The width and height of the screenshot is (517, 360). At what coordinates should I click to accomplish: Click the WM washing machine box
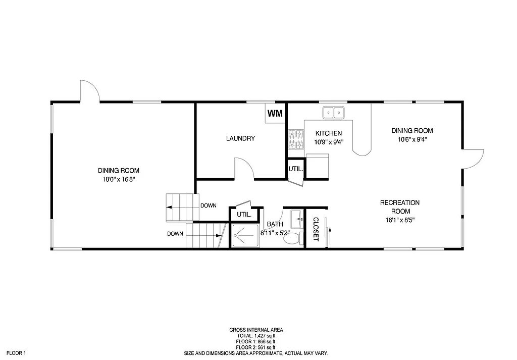click(x=275, y=113)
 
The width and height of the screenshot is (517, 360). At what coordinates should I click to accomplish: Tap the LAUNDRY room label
click(x=240, y=138)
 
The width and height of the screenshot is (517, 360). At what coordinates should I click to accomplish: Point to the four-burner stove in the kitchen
click(x=296, y=140)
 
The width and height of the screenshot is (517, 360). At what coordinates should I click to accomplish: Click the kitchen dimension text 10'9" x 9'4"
click(x=329, y=142)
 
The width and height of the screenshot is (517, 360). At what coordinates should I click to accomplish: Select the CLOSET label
click(x=316, y=229)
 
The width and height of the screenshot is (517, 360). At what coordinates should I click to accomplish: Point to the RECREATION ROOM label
click(x=399, y=207)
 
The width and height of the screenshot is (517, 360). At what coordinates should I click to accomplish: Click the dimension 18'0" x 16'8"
click(x=119, y=179)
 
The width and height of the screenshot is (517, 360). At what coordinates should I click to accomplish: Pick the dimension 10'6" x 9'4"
click(x=412, y=139)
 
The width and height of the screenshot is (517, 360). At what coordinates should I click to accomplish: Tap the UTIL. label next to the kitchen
click(x=295, y=169)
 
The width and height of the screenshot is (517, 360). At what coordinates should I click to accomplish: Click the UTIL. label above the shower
click(x=244, y=215)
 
